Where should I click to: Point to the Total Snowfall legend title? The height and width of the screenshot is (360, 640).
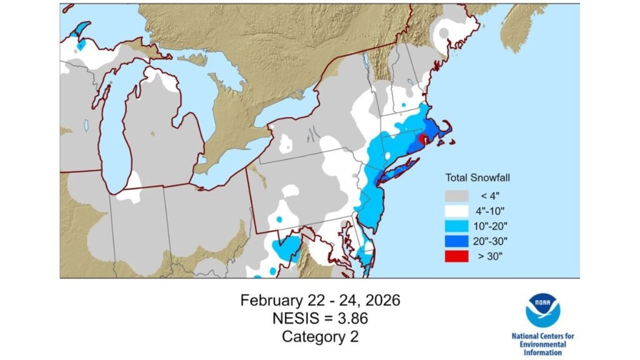(x=478, y=176)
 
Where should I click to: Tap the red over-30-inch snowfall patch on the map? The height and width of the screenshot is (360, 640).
(x=422, y=139)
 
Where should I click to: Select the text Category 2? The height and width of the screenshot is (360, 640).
(x=320, y=336)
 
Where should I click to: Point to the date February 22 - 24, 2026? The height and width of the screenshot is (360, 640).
(x=320, y=301)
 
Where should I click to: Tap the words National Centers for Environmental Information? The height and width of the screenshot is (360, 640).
(x=542, y=344)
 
